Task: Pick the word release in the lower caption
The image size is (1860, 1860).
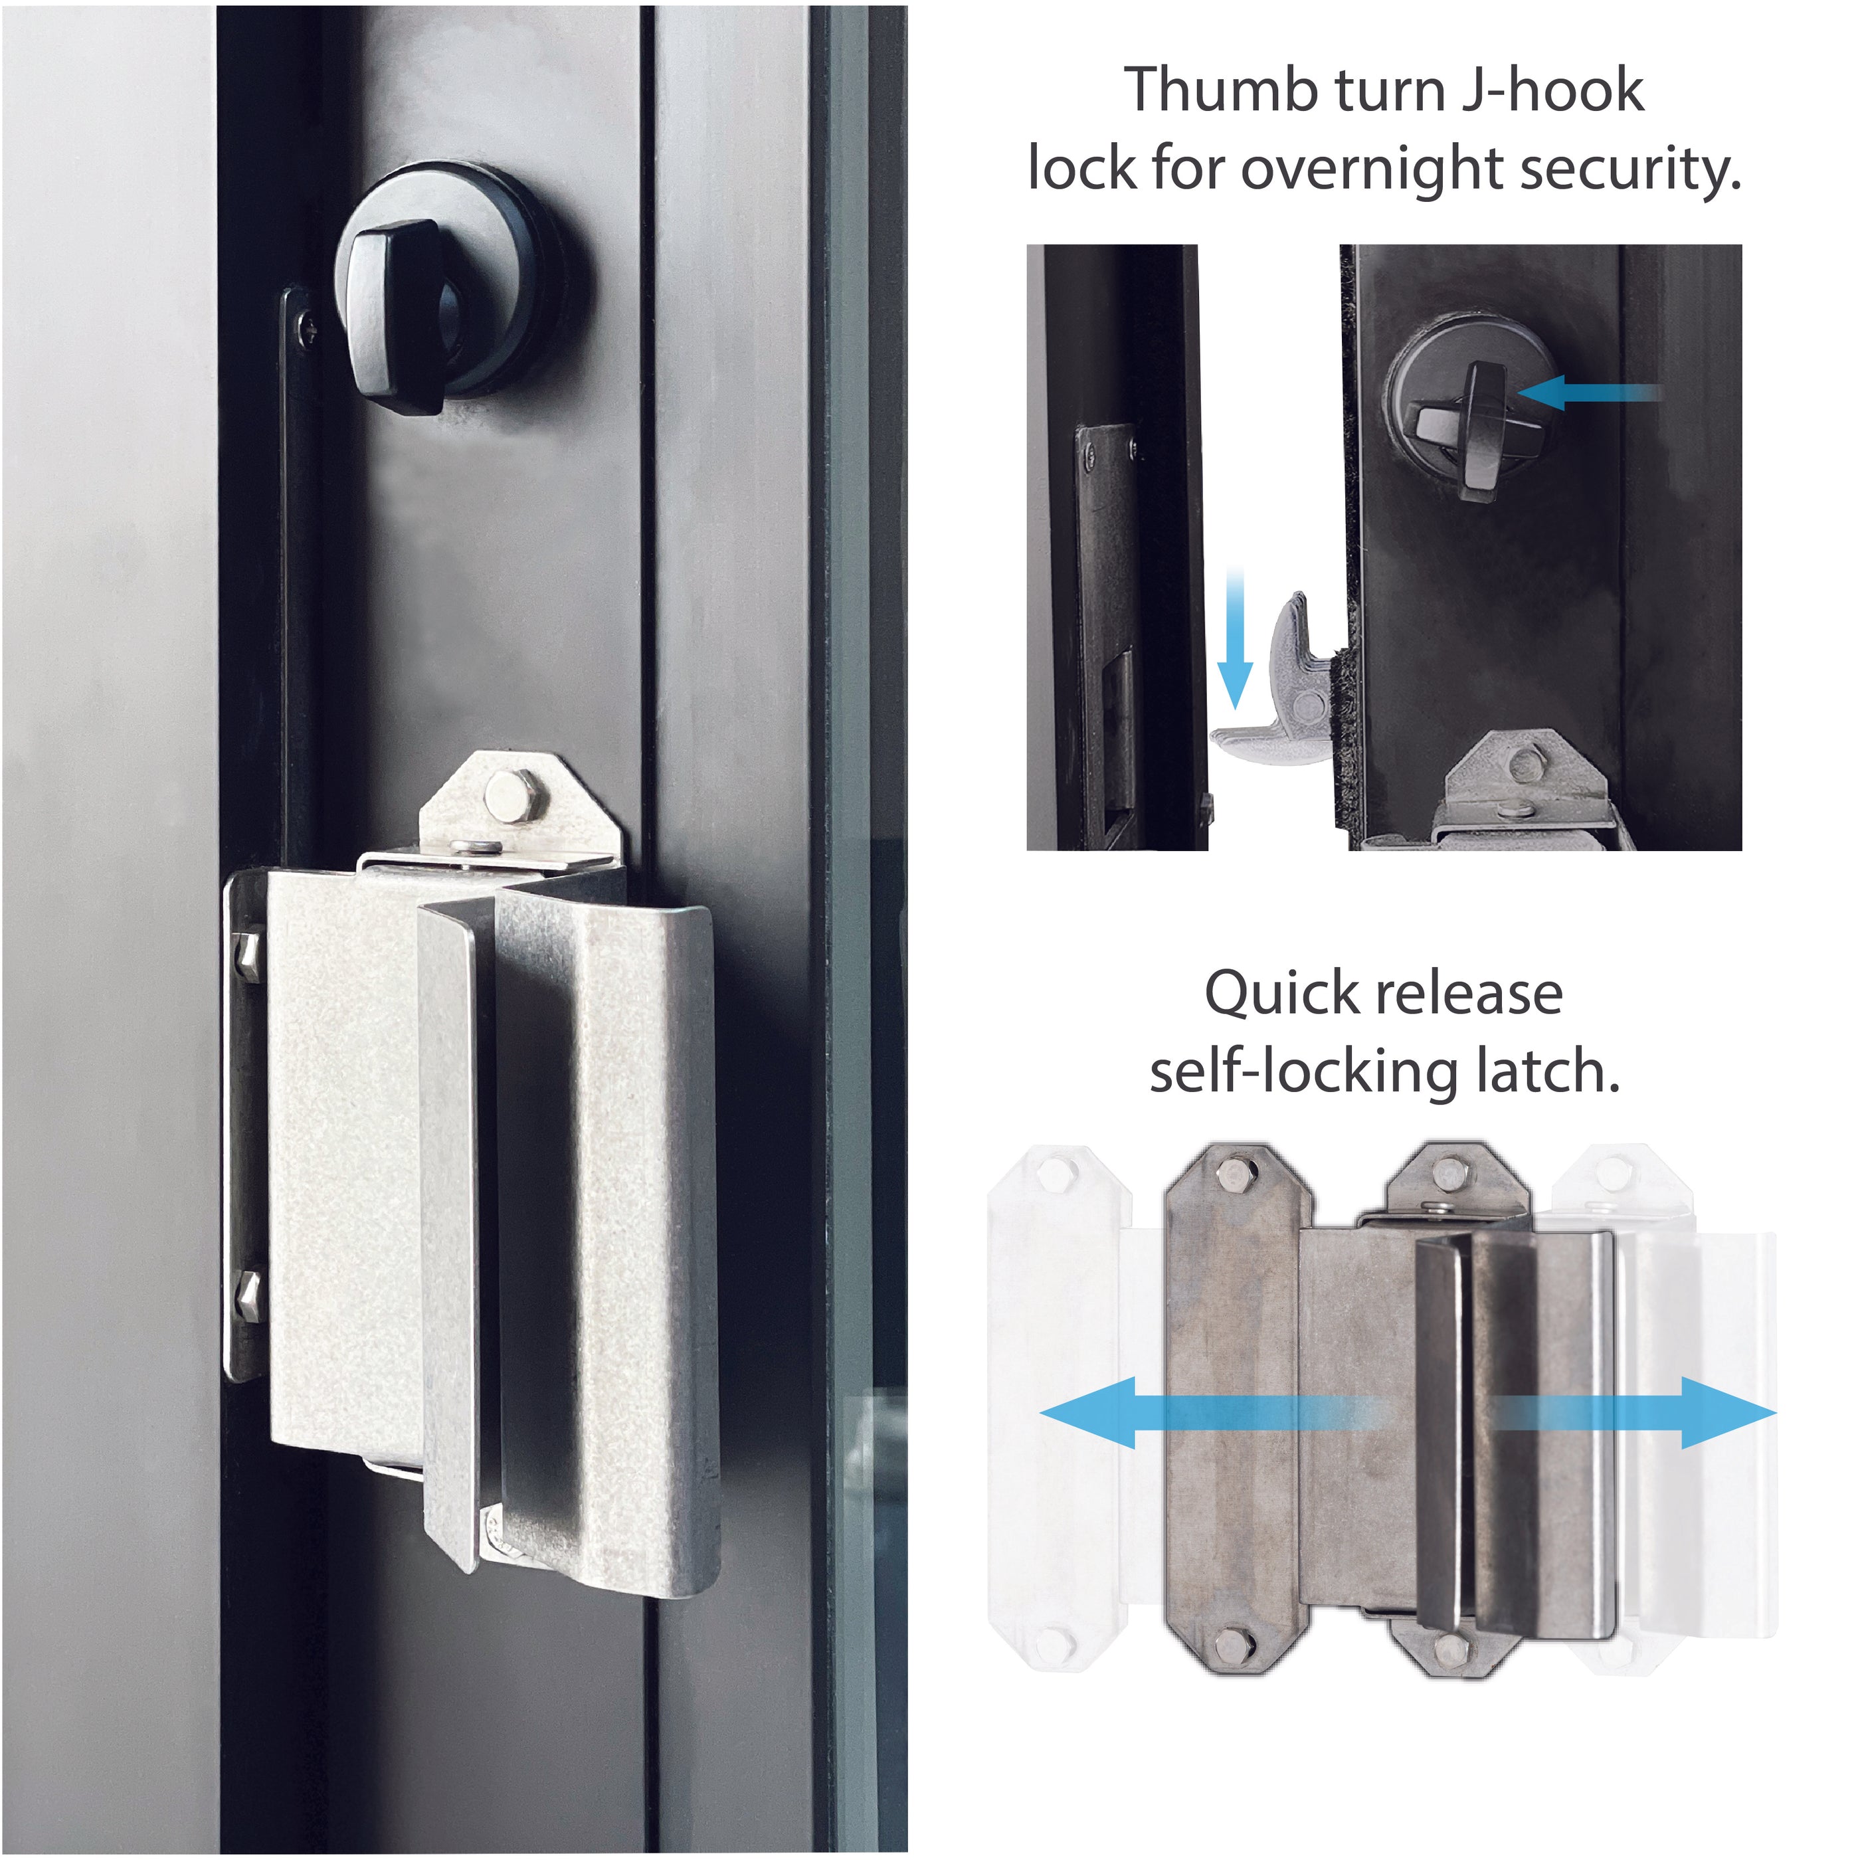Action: tap(1468, 994)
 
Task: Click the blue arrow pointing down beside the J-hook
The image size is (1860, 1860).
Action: tap(1235, 640)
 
